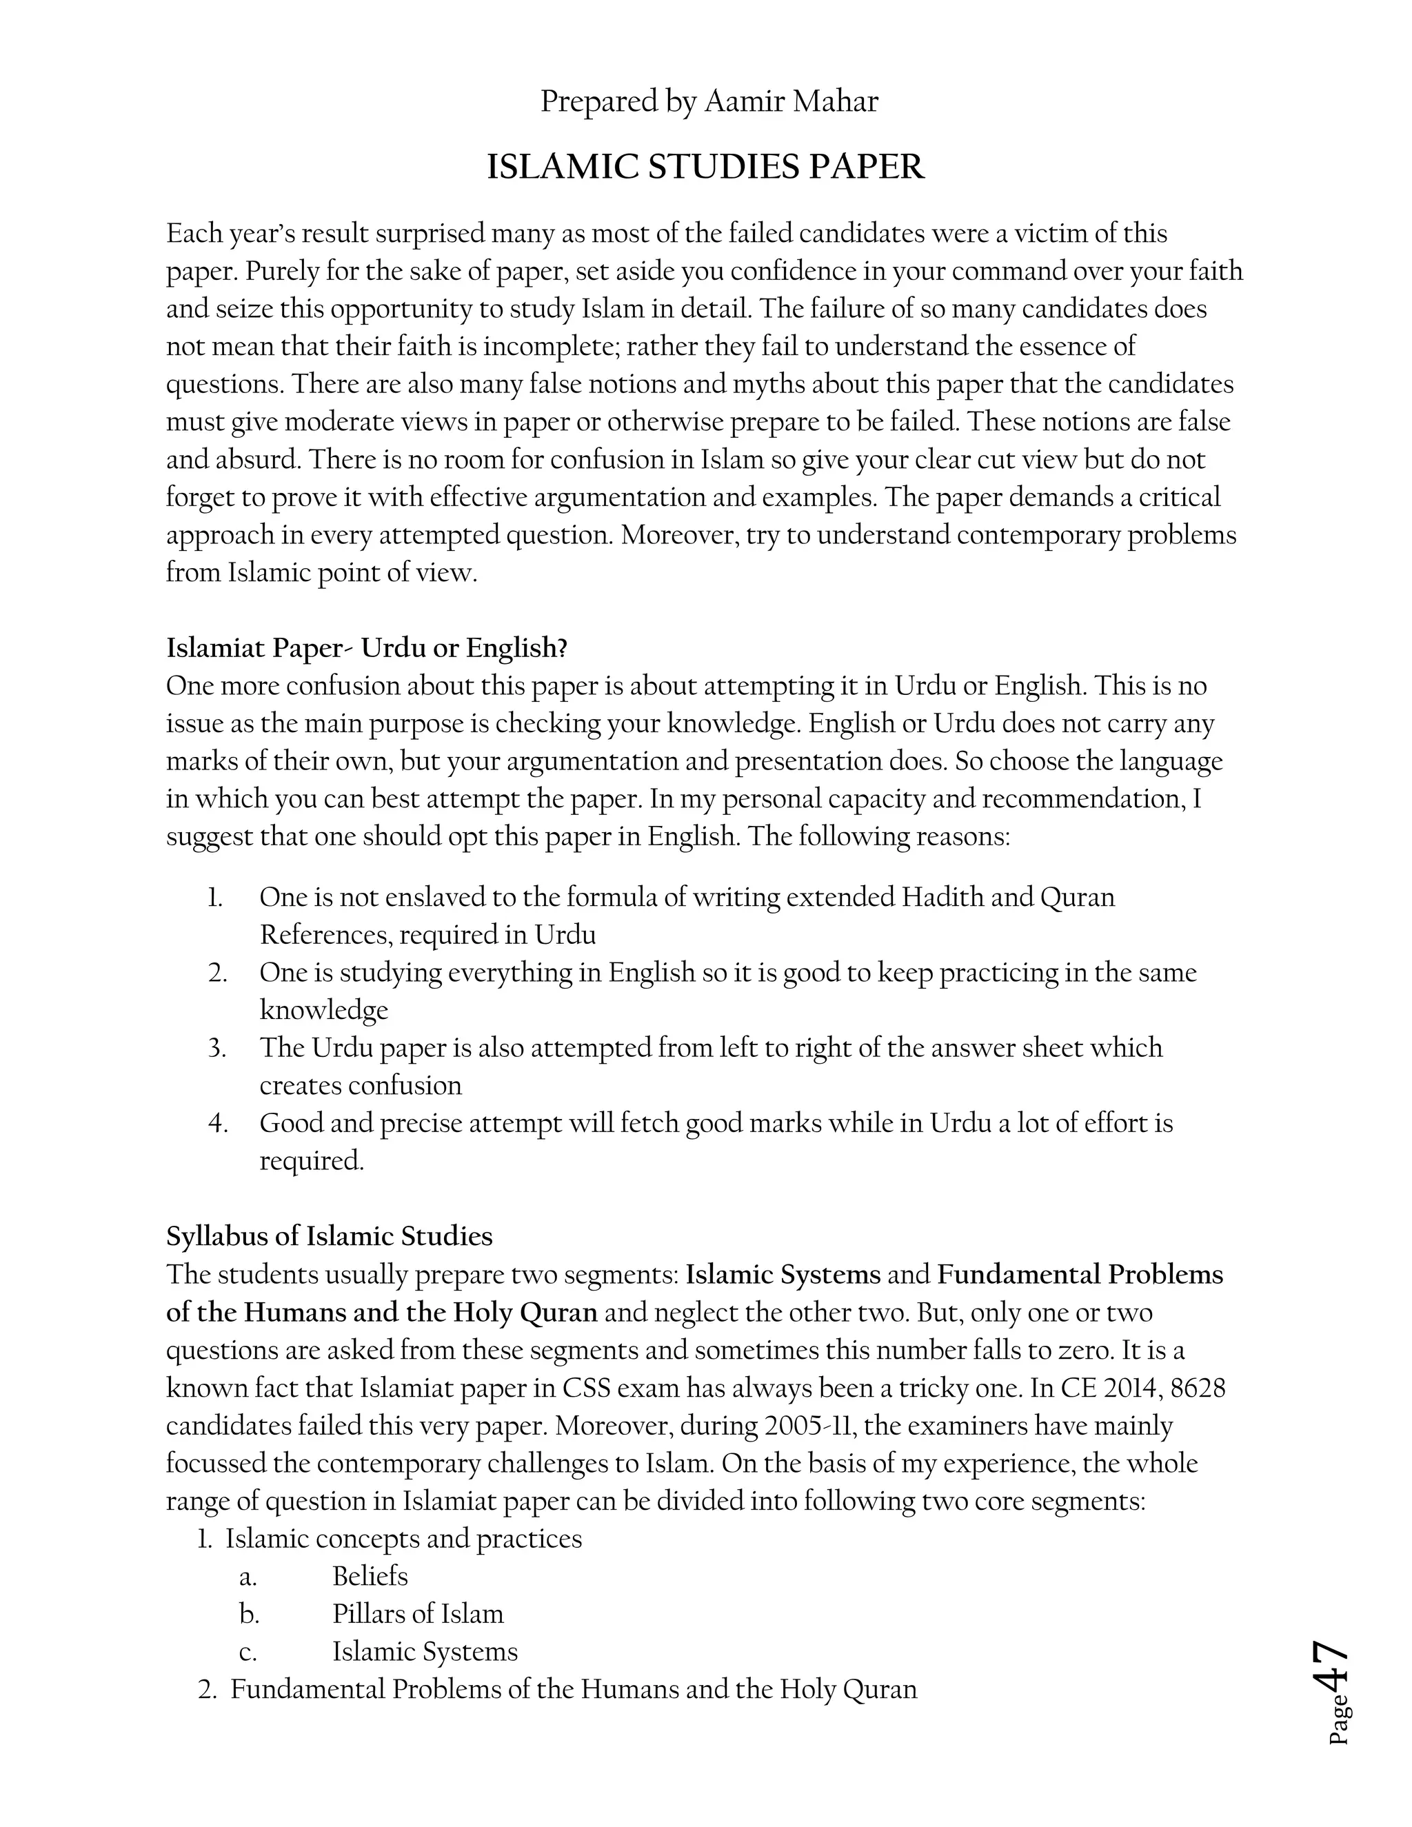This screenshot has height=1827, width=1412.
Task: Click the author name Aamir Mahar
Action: [x=791, y=102]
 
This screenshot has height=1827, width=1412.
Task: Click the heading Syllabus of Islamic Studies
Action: [x=330, y=1236]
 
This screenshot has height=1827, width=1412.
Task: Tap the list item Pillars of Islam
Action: [x=417, y=1614]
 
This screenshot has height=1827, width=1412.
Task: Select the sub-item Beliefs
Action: [x=370, y=1576]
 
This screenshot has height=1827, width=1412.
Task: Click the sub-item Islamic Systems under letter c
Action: [x=425, y=1651]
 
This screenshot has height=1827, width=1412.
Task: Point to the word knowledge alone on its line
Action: [x=324, y=1011]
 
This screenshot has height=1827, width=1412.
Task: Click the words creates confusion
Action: [x=361, y=1086]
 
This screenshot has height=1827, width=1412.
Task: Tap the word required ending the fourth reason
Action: [x=310, y=1161]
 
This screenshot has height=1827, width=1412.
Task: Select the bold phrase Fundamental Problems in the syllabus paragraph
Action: [x=1079, y=1275]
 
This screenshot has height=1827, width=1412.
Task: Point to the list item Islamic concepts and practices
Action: [x=403, y=1538]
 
